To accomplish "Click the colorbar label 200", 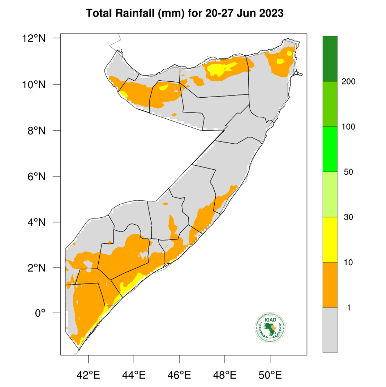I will pyautogui.click(x=348, y=82).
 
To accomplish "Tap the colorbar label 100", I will pyautogui.click(x=348, y=127).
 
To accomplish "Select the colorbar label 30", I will pyautogui.click(x=348, y=217).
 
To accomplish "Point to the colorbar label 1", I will pyautogui.click(x=348, y=308).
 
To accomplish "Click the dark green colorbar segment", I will pyautogui.click(x=330, y=59).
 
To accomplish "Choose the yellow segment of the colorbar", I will pyautogui.click(x=330, y=239).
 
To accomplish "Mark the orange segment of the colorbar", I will pyautogui.click(x=330, y=285).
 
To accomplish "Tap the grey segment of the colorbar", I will pyautogui.click(x=330, y=330).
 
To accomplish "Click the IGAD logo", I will pyautogui.click(x=270, y=328).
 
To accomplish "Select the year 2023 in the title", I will pyautogui.click(x=271, y=14).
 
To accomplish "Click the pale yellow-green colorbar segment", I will pyautogui.click(x=330, y=194).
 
